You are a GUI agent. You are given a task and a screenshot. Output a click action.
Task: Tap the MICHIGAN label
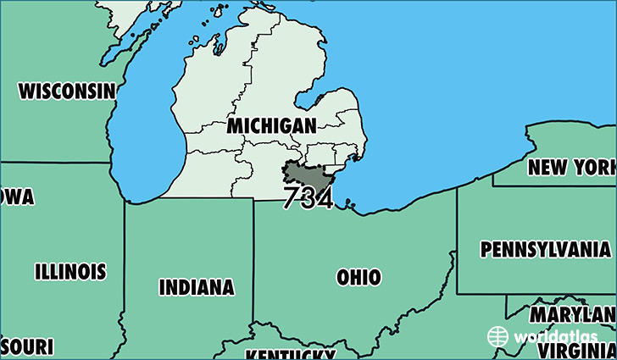pyautogui.click(x=271, y=126)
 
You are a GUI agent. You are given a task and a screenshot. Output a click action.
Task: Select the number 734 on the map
pyautogui.click(x=308, y=198)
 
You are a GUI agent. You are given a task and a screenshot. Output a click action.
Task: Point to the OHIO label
pyautogui.click(x=358, y=277)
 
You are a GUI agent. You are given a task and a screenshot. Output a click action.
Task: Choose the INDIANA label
pyautogui.click(x=196, y=287)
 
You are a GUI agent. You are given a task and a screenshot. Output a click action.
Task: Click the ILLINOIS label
pyautogui.click(x=70, y=272)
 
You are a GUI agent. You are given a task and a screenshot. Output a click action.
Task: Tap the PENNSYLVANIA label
pyautogui.click(x=544, y=250)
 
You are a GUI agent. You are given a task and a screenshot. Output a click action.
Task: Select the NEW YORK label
pyautogui.click(x=570, y=167)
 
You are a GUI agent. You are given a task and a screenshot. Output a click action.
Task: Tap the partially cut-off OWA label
pyautogui.click(x=17, y=197)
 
